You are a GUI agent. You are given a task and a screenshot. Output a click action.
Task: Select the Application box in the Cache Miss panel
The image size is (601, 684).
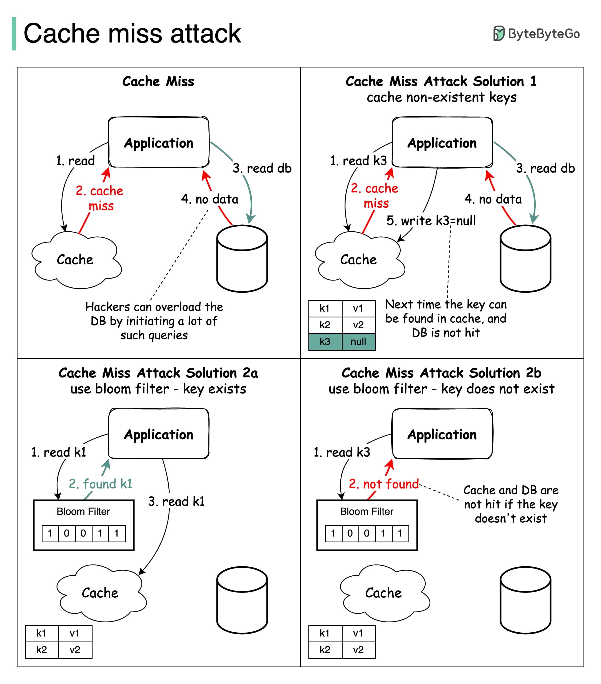159,142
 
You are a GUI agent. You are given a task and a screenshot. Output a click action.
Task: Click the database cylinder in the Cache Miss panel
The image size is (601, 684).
242,259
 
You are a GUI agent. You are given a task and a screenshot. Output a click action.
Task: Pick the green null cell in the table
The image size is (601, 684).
358,342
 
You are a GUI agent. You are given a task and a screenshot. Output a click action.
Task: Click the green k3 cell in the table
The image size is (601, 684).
325,342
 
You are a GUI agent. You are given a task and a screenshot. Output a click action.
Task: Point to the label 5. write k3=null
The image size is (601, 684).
431,221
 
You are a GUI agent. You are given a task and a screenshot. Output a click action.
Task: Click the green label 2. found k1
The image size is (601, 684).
101,484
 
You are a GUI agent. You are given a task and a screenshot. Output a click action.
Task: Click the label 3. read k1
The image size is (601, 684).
176,501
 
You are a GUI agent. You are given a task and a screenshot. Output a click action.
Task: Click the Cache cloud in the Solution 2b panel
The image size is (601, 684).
384,593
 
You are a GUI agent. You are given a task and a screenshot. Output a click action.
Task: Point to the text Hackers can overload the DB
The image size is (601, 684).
154,320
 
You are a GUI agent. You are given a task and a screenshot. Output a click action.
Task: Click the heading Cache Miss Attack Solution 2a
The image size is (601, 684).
158,373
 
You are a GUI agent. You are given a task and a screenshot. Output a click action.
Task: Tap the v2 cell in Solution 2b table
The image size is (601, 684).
358,650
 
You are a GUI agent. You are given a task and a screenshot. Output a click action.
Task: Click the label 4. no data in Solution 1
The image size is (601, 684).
493,199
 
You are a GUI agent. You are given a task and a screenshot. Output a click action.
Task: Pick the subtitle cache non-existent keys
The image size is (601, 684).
441,97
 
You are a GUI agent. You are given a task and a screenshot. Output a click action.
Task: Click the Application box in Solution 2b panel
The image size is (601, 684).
442,434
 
